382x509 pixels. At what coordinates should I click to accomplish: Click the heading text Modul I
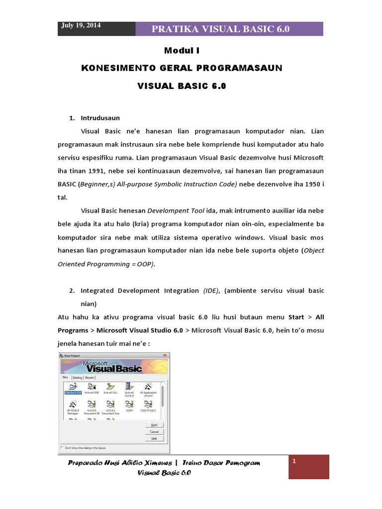pos(181,50)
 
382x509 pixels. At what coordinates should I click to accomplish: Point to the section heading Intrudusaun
pos(100,118)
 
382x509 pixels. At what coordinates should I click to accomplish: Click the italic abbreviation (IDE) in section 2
pos(210,290)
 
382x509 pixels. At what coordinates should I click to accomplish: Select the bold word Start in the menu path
pos(296,317)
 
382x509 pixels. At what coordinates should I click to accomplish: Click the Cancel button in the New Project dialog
pos(154,431)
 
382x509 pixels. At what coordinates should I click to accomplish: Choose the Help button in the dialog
pos(154,438)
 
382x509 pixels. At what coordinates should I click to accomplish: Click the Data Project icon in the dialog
pos(148,406)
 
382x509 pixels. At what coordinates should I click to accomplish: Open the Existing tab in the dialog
pos(78,378)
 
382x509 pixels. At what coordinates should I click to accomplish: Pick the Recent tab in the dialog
pos(90,378)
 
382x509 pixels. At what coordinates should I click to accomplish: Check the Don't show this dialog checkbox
pos(62,447)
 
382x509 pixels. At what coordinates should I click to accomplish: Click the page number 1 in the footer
pos(294,462)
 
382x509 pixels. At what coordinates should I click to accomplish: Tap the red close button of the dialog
pos(165,355)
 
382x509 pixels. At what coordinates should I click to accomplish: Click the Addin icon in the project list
pos(129,406)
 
